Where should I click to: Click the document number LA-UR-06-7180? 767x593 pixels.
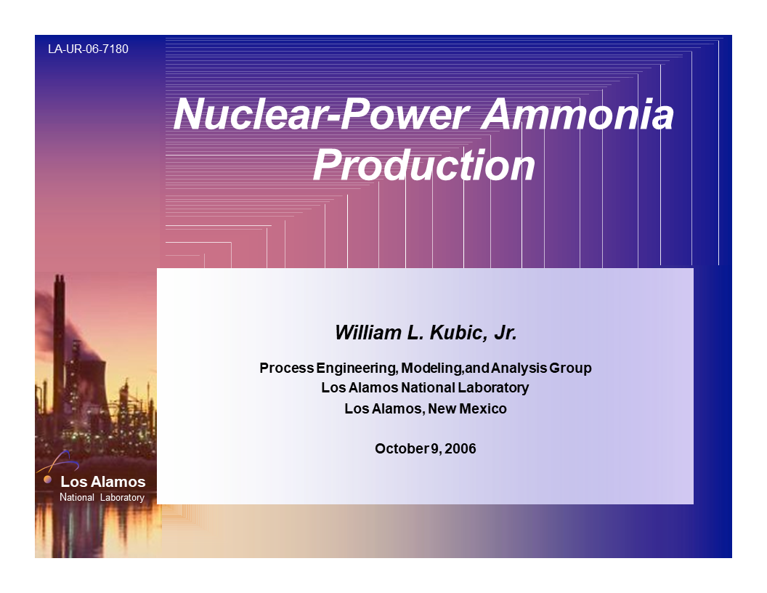[88, 49]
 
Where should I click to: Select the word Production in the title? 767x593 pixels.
[424, 166]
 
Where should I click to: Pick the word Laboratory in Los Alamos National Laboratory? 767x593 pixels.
[494, 387]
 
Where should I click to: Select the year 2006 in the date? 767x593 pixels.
[460, 448]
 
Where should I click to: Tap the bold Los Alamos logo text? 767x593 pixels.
[102, 482]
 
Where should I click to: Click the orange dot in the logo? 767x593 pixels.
[48, 480]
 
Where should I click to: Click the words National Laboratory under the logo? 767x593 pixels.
[102, 498]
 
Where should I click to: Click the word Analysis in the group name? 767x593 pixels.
[519, 368]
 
